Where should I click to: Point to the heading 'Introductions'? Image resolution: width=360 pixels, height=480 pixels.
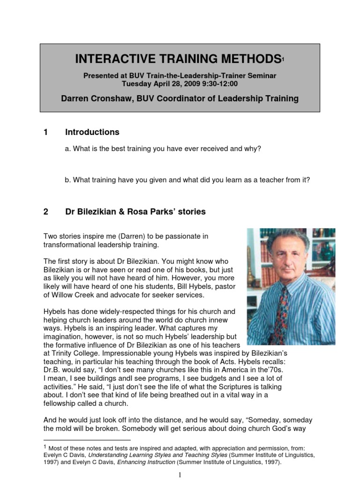pos(92,132)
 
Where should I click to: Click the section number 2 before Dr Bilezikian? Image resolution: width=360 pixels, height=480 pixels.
pos(46,211)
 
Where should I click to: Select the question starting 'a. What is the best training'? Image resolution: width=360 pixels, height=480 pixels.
pos(163,149)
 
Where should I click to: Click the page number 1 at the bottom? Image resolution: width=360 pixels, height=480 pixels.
pos(180,475)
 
